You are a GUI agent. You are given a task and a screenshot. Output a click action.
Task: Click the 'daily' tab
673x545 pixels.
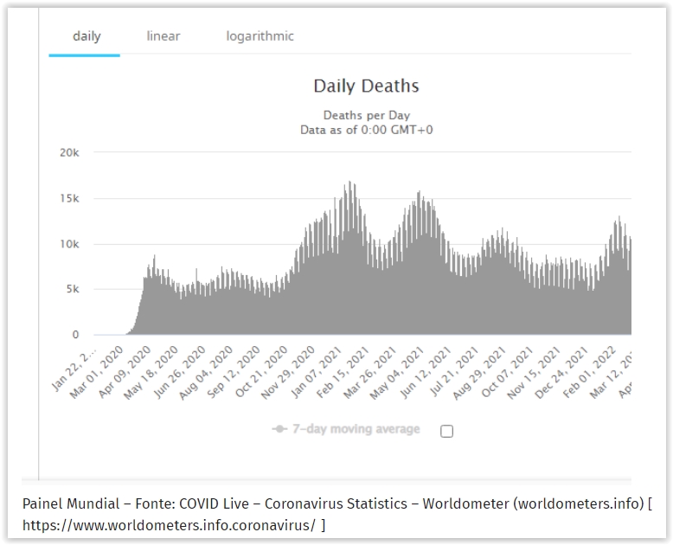87,36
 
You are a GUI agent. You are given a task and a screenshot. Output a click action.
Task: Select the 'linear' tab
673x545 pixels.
163,36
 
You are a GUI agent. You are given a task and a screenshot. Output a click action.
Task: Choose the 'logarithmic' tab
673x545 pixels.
260,36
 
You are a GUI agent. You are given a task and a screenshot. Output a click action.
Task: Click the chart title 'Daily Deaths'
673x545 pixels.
366,86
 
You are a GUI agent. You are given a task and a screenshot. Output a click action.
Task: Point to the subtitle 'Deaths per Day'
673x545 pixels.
366,115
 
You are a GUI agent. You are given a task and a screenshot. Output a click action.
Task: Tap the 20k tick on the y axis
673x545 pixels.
68,152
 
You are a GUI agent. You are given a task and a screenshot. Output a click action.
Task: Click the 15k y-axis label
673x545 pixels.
68,198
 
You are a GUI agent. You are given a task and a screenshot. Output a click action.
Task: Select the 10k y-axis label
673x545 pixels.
68,244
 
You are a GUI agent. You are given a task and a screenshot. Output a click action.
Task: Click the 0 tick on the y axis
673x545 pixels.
75,335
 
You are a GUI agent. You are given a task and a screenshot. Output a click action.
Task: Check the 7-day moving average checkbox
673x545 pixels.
446,431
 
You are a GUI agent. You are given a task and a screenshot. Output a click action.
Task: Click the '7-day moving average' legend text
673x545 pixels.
356,429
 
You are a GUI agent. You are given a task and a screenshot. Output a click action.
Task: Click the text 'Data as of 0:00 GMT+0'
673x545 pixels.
366,129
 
